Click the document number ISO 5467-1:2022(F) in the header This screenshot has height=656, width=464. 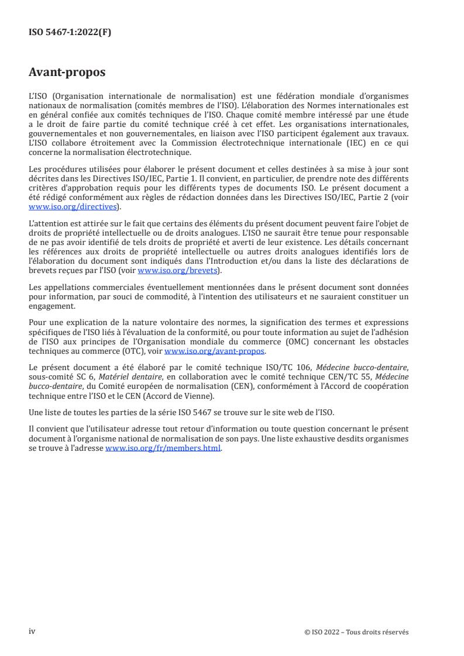pos(70,33)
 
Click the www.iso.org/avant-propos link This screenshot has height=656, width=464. pos(215,351)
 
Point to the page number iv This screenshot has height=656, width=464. pos(32,631)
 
